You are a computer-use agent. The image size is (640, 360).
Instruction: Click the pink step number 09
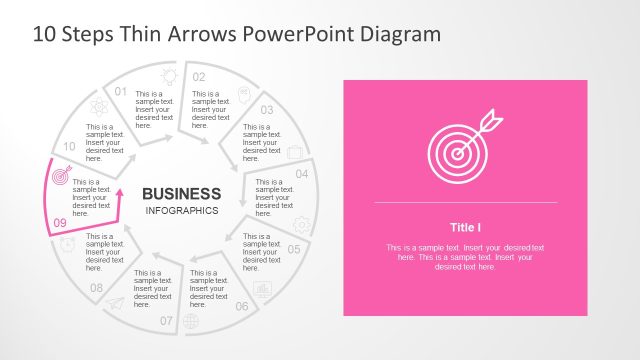[x=59, y=223]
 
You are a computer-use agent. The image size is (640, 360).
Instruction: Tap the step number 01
[x=121, y=92]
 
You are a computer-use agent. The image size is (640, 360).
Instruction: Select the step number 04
[x=301, y=174]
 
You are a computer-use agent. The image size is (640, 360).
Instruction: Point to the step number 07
[x=166, y=321]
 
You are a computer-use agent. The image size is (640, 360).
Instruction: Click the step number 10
[x=69, y=147]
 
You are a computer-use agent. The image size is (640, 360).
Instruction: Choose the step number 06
[x=242, y=306]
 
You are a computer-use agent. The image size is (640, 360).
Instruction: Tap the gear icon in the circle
[x=301, y=225]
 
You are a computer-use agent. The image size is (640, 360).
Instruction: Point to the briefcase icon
[x=295, y=152]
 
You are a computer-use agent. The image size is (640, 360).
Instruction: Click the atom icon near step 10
[x=98, y=106]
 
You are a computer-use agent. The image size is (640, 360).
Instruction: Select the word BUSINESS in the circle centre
[x=181, y=193]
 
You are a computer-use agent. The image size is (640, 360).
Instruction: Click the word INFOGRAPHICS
[x=181, y=211]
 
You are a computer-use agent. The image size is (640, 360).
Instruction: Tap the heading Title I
[x=465, y=226]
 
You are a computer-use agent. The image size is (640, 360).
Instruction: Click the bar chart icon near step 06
[x=263, y=288]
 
